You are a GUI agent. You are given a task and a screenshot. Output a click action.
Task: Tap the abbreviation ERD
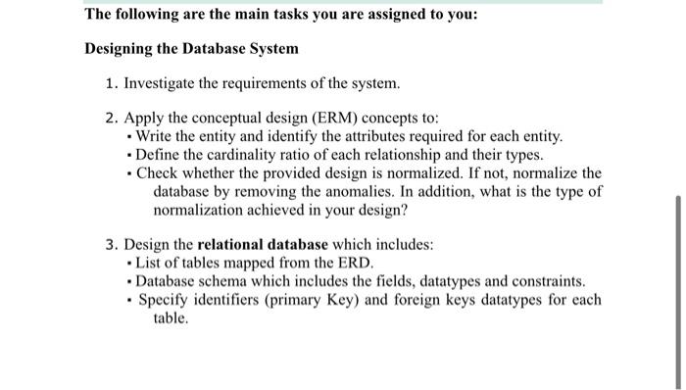tap(356, 262)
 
